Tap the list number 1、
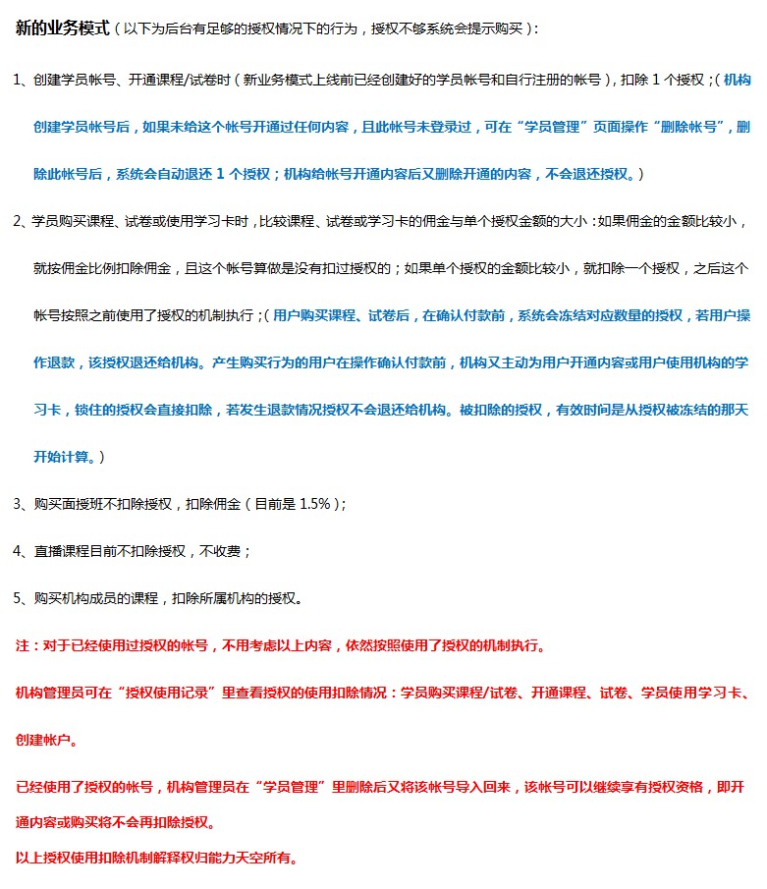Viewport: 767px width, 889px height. (23, 81)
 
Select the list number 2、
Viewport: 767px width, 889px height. (23, 221)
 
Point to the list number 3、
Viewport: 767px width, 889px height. (23, 504)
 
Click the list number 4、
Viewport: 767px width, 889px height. (23, 551)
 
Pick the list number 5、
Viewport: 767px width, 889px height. (23, 598)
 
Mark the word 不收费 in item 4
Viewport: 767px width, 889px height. (219, 551)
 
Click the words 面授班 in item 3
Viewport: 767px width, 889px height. (81, 504)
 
